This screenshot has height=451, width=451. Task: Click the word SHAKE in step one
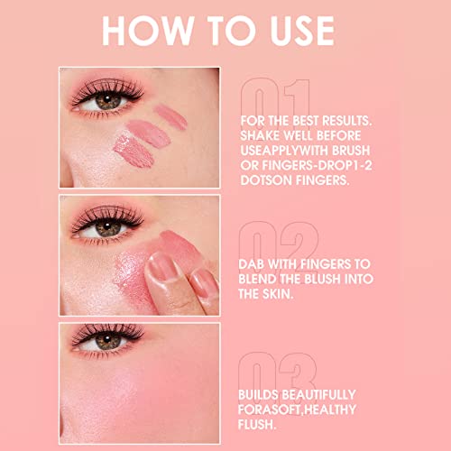click(262, 134)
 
